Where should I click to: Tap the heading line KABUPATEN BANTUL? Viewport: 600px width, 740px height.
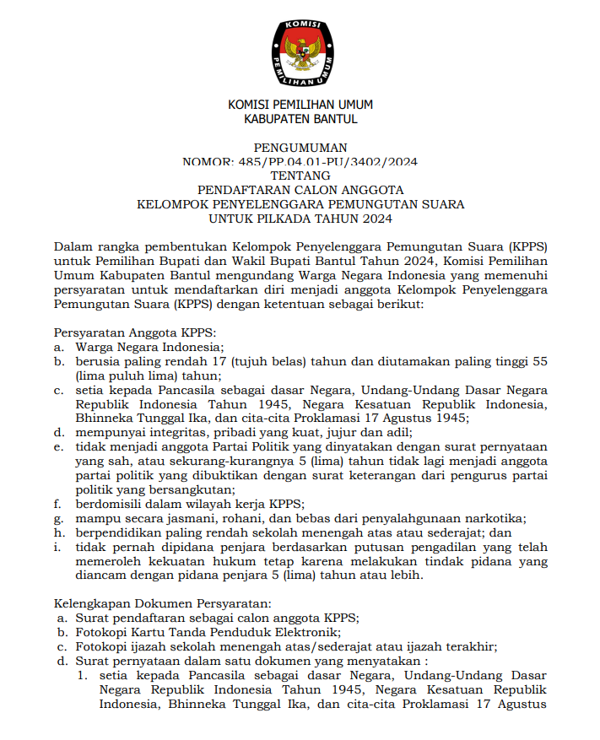click(x=300, y=119)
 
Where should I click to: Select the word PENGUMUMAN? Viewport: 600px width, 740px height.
click(x=300, y=148)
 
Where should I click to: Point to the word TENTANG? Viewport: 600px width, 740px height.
click(x=300, y=176)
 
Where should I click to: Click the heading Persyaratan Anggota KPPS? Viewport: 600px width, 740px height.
click(x=136, y=332)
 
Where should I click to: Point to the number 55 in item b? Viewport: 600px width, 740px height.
click(x=538, y=361)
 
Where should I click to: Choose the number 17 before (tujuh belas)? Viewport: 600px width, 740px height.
click(x=222, y=361)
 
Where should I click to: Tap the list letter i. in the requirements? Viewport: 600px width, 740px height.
click(x=58, y=547)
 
